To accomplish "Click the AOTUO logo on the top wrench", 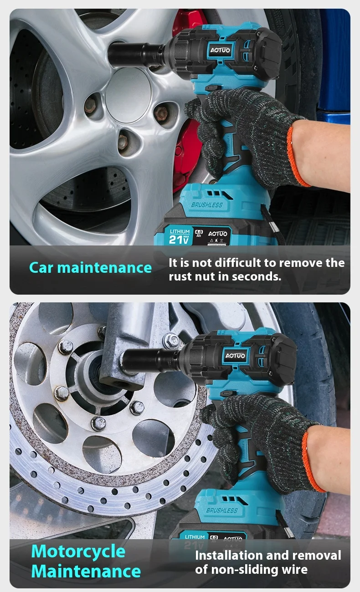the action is [220, 50].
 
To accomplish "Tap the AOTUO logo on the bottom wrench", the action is [235, 356].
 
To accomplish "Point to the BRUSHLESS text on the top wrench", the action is [207, 205].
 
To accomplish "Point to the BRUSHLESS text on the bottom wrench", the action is [222, 510].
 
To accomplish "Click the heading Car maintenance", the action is [91, 268].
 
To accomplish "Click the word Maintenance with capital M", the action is [86, 572].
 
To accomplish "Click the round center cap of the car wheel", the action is [128, 95].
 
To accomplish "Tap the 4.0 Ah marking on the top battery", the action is [199, 233].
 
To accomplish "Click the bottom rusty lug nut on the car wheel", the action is [122, 141].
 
